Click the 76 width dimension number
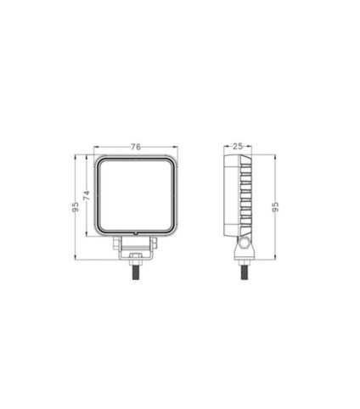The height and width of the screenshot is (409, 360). (x=136, y=147)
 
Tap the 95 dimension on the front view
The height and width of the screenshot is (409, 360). (x=76, y=206)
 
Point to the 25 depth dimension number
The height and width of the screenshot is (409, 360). (x=239, y=147)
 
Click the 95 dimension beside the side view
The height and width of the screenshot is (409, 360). (x=273, y=207)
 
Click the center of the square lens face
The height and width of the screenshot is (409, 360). (x=136, y=196)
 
